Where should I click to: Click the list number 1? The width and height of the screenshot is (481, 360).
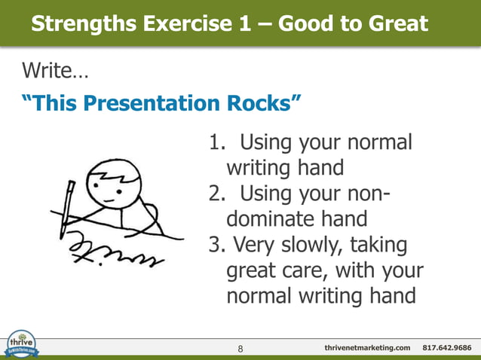(x=214, y=142)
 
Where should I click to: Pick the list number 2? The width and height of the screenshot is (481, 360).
(x=215, y=194)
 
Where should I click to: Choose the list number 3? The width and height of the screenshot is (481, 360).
(x=214, y=245)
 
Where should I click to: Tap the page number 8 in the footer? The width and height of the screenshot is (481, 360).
(x=240, y=348)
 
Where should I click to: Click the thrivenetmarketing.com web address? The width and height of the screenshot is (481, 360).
(x=367, y=347)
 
